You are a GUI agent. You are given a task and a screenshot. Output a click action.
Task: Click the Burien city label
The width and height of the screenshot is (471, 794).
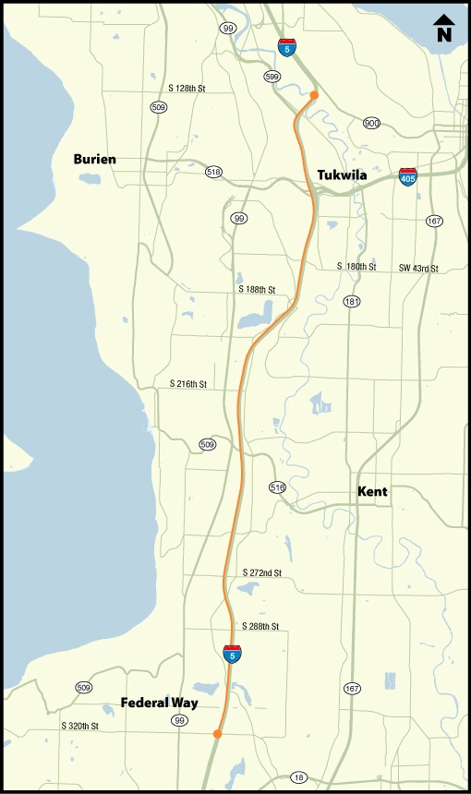coord(95,160)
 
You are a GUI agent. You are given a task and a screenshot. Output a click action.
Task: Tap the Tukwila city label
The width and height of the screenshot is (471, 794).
coord(342,175)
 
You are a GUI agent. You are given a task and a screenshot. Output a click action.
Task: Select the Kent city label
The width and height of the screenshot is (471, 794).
coord(372,492)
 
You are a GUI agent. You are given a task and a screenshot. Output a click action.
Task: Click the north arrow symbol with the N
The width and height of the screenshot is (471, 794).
coord(444,29)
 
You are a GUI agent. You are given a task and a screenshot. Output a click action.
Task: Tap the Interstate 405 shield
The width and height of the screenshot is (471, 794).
coord(407,176)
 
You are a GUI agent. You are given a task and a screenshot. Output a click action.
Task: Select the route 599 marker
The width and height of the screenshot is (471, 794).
coord(272,77)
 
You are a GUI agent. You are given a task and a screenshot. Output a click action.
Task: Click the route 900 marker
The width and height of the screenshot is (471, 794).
coord(372,123)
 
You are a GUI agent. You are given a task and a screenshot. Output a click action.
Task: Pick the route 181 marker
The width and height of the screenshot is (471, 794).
coord(351,302)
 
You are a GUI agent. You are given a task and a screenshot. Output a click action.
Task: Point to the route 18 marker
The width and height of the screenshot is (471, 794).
coord(297,778)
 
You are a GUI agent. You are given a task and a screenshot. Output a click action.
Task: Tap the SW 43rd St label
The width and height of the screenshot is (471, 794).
coord(418,268)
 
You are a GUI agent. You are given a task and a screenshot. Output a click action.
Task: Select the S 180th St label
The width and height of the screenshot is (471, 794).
coord(356,267)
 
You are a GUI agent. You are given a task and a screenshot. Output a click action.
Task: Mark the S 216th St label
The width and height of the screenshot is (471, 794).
coord(188,383)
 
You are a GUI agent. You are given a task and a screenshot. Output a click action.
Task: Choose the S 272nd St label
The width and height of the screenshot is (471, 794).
coord(261,573)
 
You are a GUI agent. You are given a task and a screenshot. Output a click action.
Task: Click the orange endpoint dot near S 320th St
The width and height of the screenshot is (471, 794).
coord(217,734)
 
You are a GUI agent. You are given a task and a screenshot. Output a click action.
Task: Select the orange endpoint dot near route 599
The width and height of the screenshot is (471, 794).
coord(314,95)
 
